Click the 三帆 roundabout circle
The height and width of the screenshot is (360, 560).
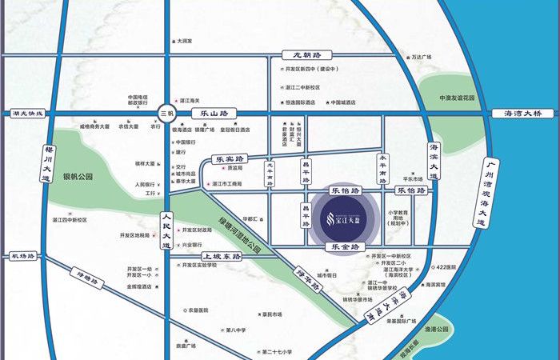click(x=166, y=114)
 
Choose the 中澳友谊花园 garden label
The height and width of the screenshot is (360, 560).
click(x=457, y=98)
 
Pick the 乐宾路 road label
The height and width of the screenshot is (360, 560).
click(x=229, y=159)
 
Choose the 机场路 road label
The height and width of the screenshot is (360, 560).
click(x=24, y=256)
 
